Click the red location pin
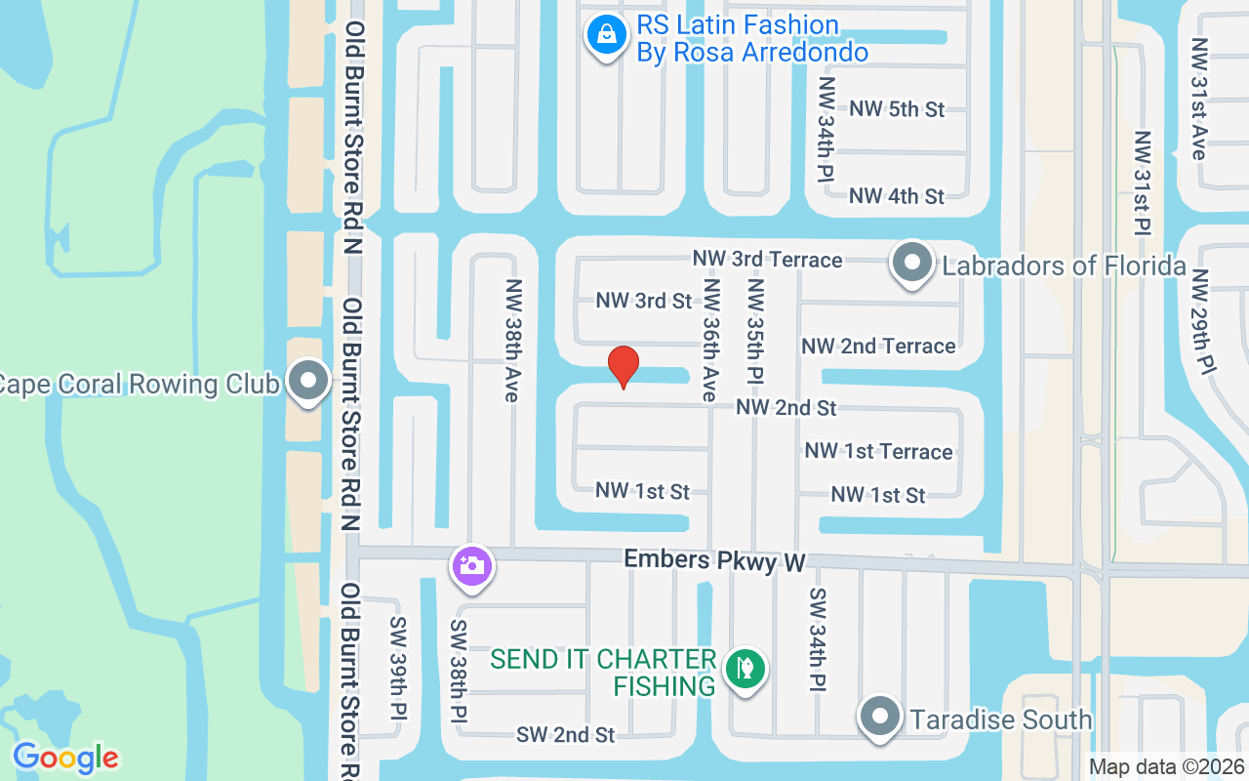[624, 367]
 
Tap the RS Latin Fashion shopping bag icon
[607, 36]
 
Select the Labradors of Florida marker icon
[912, 263]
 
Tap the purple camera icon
[471, 565]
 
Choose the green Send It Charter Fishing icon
[745, 670]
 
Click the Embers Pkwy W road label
[714, 560]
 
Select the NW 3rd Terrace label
[767, 259]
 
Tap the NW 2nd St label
[786, 407]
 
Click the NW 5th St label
[897, 108]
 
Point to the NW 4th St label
[897, 196]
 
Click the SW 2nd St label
[566, 734]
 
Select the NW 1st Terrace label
[878, 451]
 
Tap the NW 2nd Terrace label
[878, 346]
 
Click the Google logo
[65, 758]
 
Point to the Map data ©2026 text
[1167, 767]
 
